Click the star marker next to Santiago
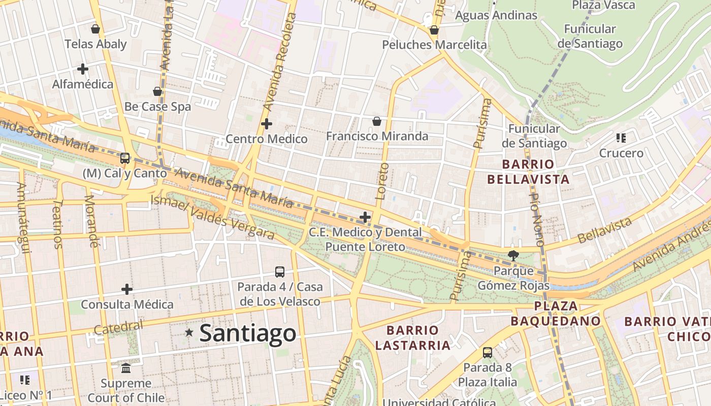(189, 333)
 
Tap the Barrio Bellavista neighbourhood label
(528, 172)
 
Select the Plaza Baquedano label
(556, 314)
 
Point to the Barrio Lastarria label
(412, 338)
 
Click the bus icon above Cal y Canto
(124, 158)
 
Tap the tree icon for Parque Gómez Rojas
(513, 255)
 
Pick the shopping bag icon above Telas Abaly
(95, 29)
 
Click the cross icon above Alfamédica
(82, 69)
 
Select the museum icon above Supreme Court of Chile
(126, 368)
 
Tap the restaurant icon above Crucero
(621, 138)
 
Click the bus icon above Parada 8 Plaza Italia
(487, 352)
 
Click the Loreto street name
(381, 181)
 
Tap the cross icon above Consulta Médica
(127, 289)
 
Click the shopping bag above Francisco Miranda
(377, 121)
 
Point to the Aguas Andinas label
(496, 16)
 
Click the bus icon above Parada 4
(280, 272)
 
